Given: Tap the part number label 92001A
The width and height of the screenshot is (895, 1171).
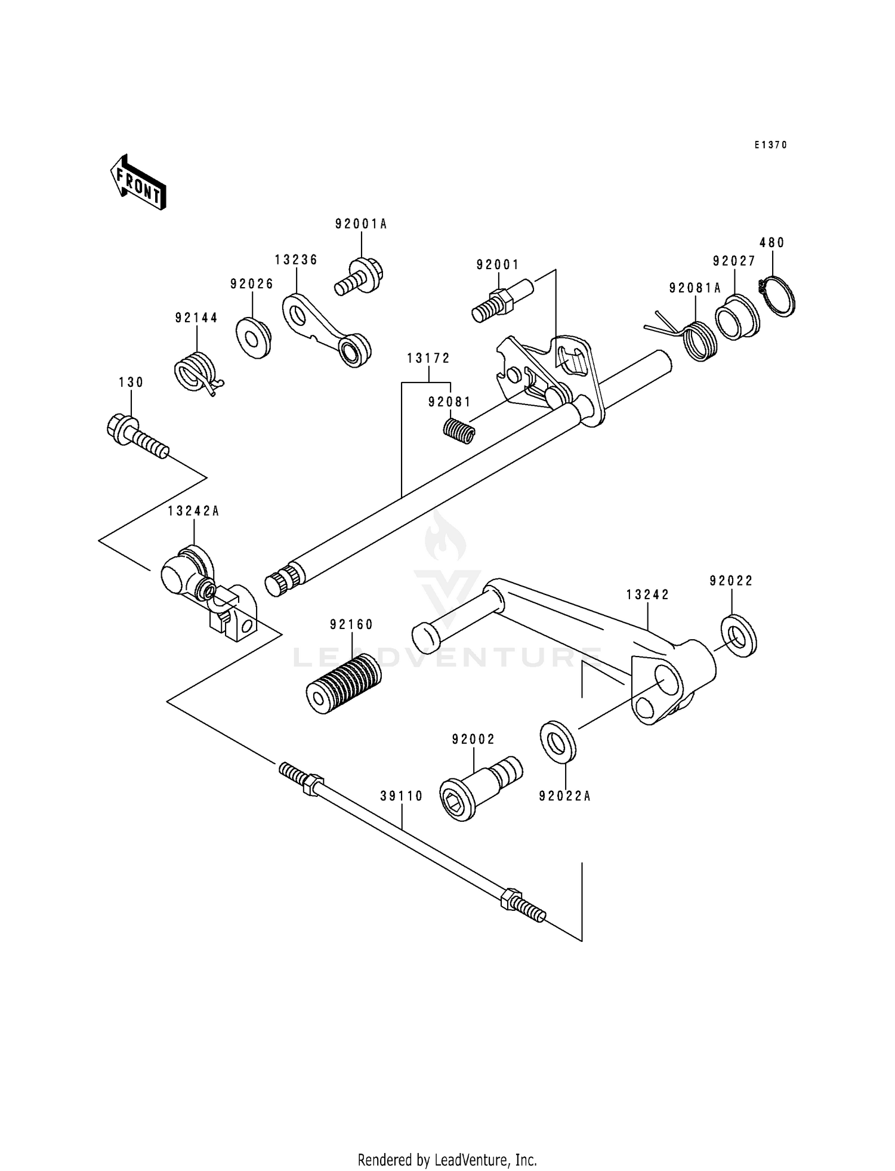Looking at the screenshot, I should click(x=361, y=224).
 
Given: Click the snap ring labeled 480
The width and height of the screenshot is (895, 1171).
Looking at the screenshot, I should click(x=777, y=296).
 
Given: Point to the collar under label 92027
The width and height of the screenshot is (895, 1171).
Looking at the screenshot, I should click(x=738, y=316).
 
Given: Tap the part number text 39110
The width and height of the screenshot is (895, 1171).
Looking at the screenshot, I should click(x=402, y=796).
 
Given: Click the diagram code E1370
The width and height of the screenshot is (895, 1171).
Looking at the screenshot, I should click(x=770, y=145).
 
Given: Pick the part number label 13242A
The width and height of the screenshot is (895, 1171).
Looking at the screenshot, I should click(x=193, y=511).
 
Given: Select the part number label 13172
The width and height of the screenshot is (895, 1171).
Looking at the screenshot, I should click(x=428, y=359).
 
